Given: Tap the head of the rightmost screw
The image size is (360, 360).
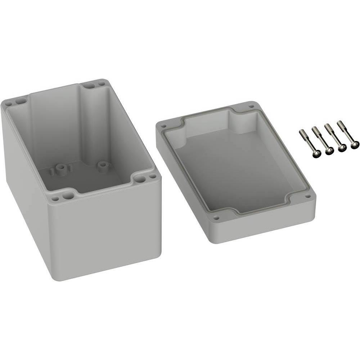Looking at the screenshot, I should click(355, 145).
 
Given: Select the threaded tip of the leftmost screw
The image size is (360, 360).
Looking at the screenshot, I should click(302, 132).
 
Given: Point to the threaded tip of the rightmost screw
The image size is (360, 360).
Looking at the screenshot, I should click(339, 123).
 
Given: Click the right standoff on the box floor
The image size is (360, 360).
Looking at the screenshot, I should click(103, 166).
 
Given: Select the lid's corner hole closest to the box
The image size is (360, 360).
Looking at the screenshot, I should click(163, 126).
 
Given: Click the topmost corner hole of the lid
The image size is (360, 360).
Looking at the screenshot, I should click(251, 107).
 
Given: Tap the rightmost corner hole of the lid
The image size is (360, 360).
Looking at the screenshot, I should click(309, 197).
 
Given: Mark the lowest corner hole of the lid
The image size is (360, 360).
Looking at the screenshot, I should click(216, 217).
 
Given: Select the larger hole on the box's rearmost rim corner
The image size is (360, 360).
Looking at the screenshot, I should click(88, 86).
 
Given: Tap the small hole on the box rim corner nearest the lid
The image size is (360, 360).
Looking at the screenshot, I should click(153, 176).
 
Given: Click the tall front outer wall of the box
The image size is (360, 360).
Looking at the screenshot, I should click(108, 230).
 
